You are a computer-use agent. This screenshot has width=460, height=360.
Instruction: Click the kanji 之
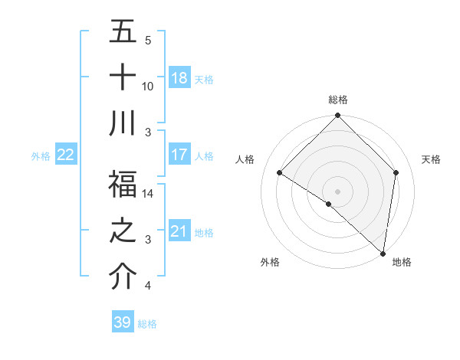point(123,231)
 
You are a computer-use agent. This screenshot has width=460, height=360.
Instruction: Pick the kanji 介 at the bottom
point(123,277)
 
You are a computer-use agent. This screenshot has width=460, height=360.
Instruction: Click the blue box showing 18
point(179,78)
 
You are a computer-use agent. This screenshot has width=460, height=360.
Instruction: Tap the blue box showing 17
point(179,155)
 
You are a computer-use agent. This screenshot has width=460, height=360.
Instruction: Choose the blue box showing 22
point(66,155)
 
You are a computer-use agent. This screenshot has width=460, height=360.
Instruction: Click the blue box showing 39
point(123,322)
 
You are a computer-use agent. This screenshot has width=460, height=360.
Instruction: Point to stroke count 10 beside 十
point(148,87)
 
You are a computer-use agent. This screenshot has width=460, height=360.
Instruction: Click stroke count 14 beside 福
point(148,194)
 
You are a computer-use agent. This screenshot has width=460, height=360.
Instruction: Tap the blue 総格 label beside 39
point(147,324)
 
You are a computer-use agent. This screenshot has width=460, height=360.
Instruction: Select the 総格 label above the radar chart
point(338,100)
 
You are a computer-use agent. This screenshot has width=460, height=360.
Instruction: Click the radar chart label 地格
point(402,262)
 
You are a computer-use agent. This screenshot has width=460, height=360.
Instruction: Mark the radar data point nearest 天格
point(396,172)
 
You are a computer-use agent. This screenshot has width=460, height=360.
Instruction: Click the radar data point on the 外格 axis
point(329,204)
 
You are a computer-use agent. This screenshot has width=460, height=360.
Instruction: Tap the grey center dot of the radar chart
point(338,191)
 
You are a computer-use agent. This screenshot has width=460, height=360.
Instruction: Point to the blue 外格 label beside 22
point(41,155)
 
